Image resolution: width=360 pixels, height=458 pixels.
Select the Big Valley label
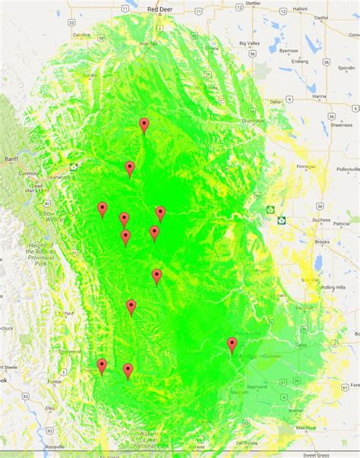pos(251,44)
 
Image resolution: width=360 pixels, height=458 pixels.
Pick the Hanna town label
pos(318,96)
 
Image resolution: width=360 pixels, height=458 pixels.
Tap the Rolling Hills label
pos(333,288)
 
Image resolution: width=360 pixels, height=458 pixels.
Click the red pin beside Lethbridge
pos(232,346)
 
